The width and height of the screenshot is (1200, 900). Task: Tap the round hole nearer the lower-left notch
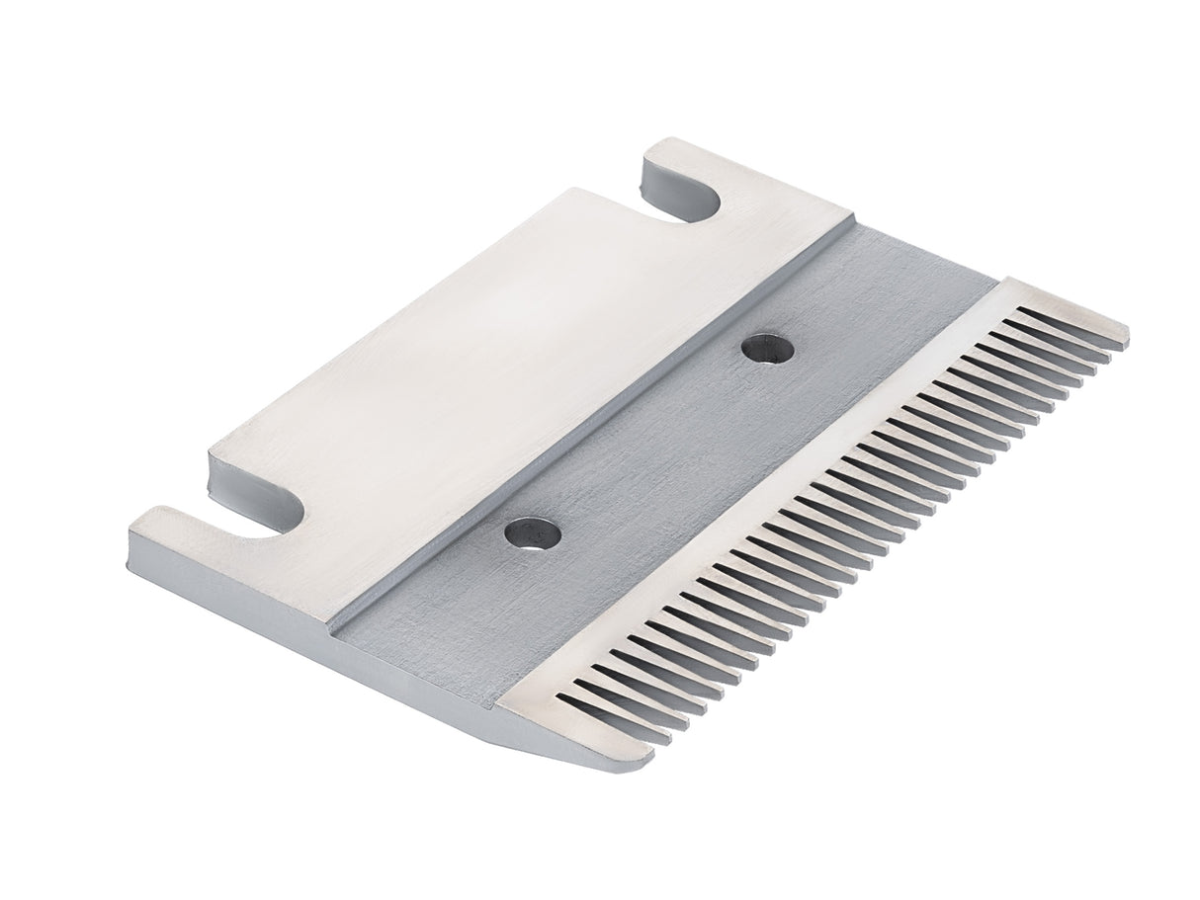tap(532, 533)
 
